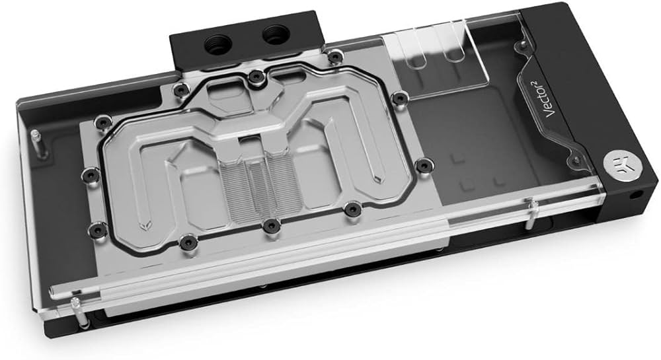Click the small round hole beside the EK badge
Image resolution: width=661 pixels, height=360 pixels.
[637, 196]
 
